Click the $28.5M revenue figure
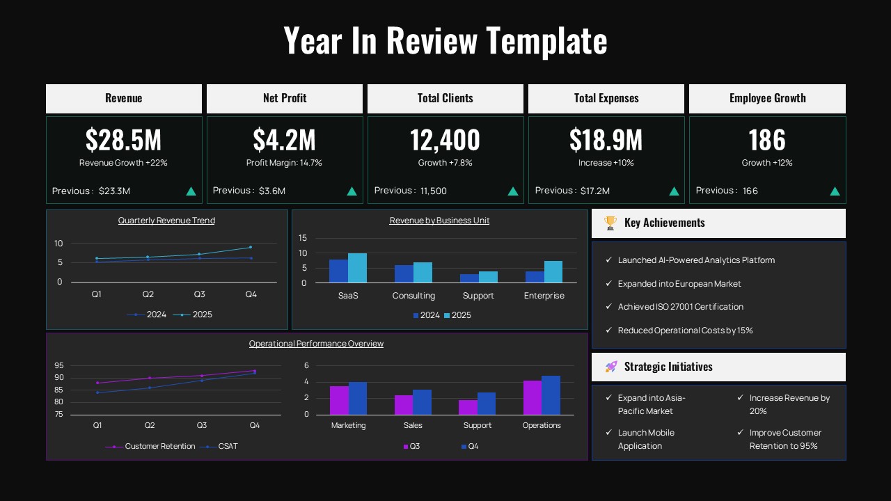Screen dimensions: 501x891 123,140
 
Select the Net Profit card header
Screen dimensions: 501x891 285,98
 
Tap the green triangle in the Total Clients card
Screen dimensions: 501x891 513,191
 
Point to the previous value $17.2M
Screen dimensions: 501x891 594,191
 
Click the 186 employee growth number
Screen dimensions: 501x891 767,140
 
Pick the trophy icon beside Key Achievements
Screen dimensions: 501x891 610,223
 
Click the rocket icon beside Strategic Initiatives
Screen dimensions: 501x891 611,367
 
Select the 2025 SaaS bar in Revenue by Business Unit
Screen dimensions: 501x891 357,268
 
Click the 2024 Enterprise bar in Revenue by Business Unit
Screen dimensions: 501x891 535,277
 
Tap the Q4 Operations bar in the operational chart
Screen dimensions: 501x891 551,395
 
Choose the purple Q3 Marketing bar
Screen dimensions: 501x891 339,400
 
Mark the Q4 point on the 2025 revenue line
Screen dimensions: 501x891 251,247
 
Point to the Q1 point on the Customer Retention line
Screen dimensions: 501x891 97,383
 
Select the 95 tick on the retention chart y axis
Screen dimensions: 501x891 58,365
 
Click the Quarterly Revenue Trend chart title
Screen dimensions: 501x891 166,221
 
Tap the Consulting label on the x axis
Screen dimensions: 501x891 413,296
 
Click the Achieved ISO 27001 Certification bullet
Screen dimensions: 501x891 680,307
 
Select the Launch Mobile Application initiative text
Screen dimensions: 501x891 646,439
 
